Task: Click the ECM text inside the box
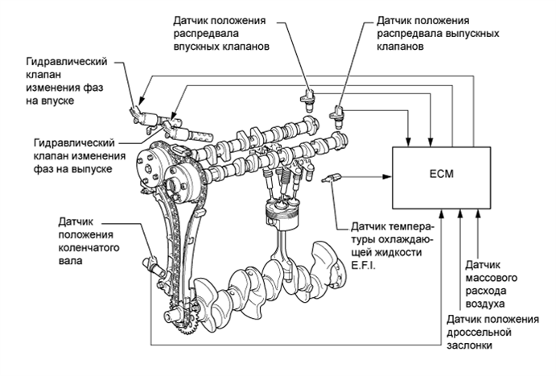point(441,174)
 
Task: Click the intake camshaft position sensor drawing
point(308,100)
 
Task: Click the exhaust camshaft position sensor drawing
point(337,117)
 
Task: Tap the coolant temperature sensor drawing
point(332,178)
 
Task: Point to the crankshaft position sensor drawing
point(154,266)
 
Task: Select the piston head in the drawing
point(281,212)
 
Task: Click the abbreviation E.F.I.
point(363,266)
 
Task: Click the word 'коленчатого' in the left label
point(89,248)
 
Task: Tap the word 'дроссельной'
point(479,333)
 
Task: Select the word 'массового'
point(491,278)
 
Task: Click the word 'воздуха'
point(484,304)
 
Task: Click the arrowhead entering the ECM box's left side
point(389,176)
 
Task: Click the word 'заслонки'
point(469,345)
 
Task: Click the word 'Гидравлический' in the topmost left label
point(67,62)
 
